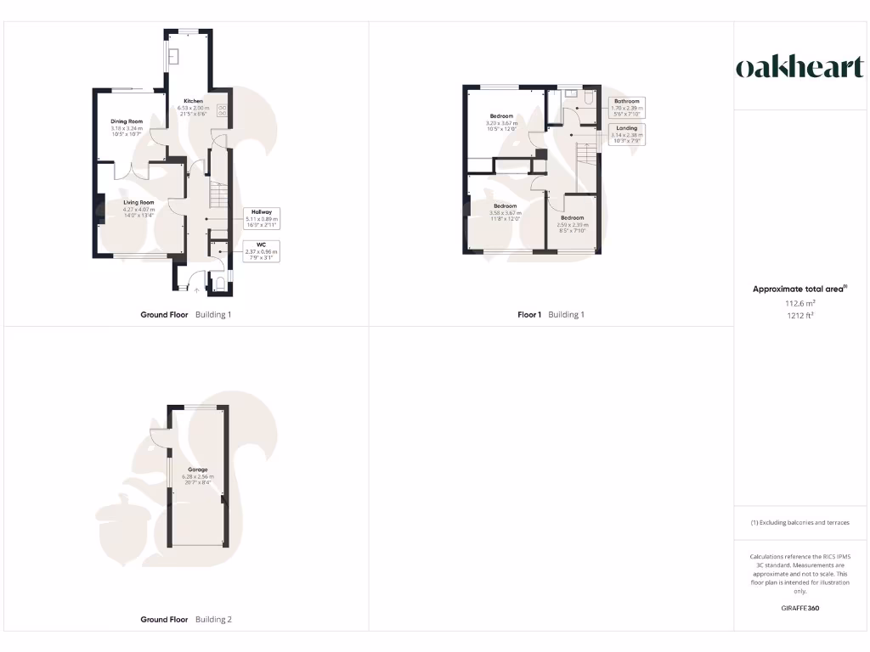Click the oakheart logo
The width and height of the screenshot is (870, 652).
(x=799, y=68)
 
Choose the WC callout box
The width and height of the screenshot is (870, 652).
(x=262, y=251)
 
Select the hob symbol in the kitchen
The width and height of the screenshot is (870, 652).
(x=223, y=110)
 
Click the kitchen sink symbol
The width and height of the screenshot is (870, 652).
(x=172, y=57)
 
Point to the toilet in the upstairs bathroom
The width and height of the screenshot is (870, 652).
(x=588, y=99)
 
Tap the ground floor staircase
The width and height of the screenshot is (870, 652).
(x=219, y=196)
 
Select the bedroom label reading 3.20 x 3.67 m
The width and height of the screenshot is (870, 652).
(x=501, y=122)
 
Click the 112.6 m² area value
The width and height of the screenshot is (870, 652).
(x=799, y=303)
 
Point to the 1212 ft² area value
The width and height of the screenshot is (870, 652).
(x=799, y=315)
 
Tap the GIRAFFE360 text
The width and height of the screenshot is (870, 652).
(x=799, y=608)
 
